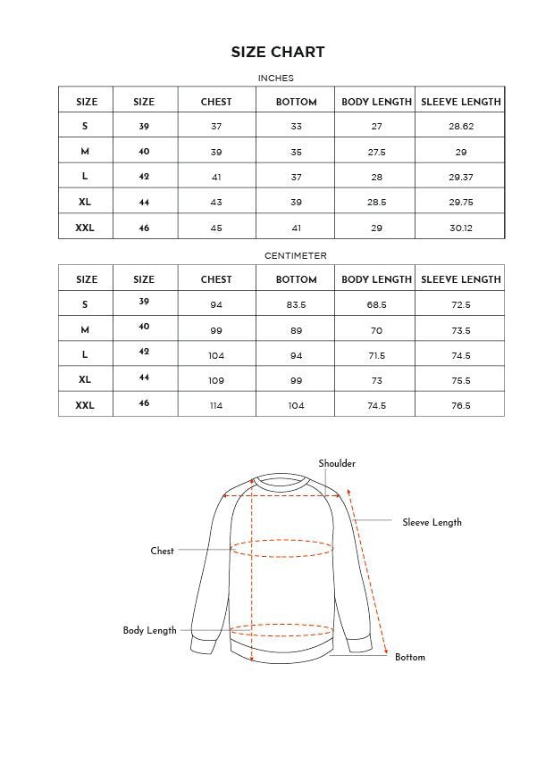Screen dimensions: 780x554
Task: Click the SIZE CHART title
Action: pyautogui.click(x=277, y=52)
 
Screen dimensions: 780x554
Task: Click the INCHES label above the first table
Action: pyautogui.click(x=275, y=79)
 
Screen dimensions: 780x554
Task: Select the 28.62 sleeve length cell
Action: pyautogui.click(x=461, y=127)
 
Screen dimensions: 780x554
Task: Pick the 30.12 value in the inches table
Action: pyautogui.click(x=461, y=228)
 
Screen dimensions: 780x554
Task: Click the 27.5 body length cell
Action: pyautogui.click(x=376, y=152)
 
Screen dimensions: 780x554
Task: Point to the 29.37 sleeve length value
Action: pyautogui.click(x=461, y=178)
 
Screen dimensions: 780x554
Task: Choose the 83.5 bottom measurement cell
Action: pyautogui.click(x=296, y=304)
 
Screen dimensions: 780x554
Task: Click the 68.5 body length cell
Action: pyautogui.click(x=376, y=304)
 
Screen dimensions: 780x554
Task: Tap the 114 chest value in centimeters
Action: pyautogui.click(x=216, y=405)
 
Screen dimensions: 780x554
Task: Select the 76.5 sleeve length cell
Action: pyautogui.click(x=461, y=405)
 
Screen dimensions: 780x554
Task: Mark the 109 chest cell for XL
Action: pyautogui.click(x=216, y=380)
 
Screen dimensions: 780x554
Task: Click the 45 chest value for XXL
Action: pyautogui.click(x=216, y=228)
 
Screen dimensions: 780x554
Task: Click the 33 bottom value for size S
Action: pyautogui.click(x=296, y=127)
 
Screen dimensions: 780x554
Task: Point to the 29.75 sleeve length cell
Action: pyautogui.click(x=461, y=203)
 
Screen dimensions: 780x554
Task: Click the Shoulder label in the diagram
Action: pyautogui.click(x=337, y=463)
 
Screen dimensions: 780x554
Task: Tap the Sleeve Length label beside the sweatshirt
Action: pyautogui.click(x=432, y=522)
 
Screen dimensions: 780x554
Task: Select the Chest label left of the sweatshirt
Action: pyautogui.click(x=162, y=551)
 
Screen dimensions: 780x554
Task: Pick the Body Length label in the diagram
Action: pyautogui.click(x=149, y=630)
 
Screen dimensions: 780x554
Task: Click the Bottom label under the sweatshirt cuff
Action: pyautogui.click(x=410, y=657)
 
